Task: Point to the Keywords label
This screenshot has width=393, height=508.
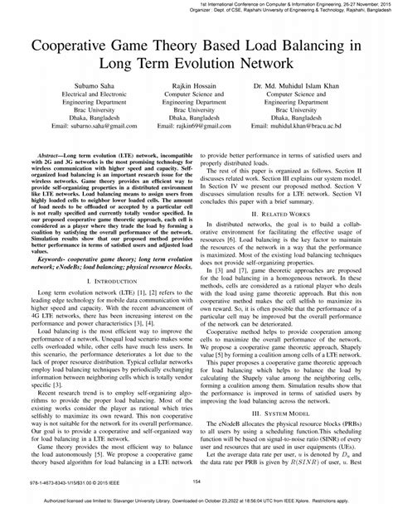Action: click(x=51, y=260)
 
